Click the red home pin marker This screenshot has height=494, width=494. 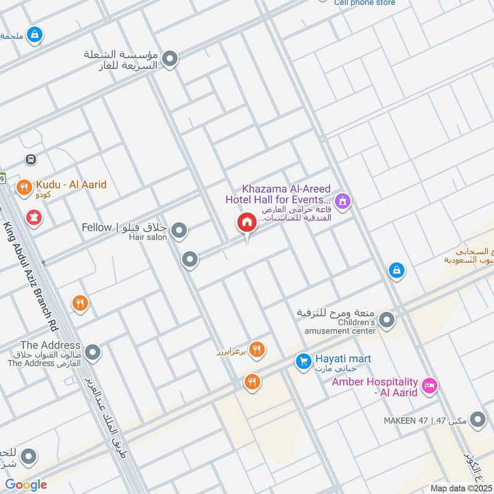point(247,224)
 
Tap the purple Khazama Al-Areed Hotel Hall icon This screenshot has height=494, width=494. point(343,201)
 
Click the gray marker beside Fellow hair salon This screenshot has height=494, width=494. point(179,232)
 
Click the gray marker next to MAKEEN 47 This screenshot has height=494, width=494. point(477,421)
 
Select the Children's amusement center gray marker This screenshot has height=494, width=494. point(387,320)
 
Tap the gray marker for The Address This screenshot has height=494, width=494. point(93,353)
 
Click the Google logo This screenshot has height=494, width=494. point(26,485)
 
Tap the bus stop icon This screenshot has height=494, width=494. point(31,159)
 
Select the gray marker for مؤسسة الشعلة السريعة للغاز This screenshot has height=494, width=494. point(170,60)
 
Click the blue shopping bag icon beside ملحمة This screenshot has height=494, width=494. point(35,35)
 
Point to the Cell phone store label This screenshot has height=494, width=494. point(364,3)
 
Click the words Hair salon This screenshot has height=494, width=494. point(148,238)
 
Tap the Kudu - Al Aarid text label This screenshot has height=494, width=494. point(71,185)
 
